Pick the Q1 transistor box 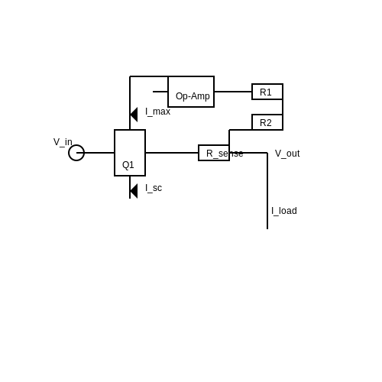click(115, 153)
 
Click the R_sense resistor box click(199, 153)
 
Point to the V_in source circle click(70, 153)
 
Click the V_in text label click(63, 142)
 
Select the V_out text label click(287, 154)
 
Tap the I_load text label click(284, 211)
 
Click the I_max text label click(157, 112)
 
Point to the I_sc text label click(154, 188)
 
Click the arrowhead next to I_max click(134, 115)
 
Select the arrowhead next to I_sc click(134, 191)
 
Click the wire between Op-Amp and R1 click(233, 92)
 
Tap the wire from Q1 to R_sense click(172, 153)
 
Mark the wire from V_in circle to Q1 click(95, 153)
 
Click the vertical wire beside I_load click(267, 191)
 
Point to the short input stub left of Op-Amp click(160, 92)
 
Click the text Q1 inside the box click(128, 165)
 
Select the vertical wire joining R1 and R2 click(283, 107)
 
